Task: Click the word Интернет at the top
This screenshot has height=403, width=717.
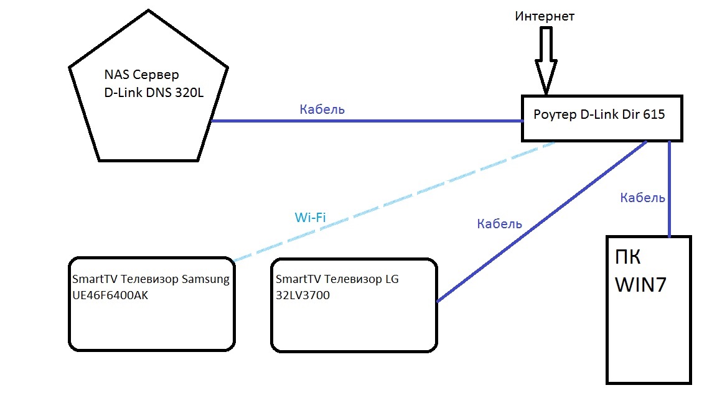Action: (x=545, y=16)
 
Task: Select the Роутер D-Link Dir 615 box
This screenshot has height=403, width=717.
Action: (x=602, y=118)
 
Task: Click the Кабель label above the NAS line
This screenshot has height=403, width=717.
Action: (x=322, y=109)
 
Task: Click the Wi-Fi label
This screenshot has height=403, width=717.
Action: (x=310, y=218)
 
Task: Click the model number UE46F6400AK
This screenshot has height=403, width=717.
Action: (x=110, y=295)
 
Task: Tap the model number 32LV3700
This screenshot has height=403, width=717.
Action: (x=302, y=295)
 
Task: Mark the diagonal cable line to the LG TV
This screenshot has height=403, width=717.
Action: (x=541, y=221)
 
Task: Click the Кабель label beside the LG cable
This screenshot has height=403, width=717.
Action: (x=500, y=224)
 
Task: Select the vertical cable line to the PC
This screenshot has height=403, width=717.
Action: (x=669, y=187)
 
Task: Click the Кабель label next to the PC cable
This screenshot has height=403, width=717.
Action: (x=643, y=198)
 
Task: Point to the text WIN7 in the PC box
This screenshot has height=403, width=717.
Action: (x=641, y=285)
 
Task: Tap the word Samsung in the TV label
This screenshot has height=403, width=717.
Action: (x=205, y=279)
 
